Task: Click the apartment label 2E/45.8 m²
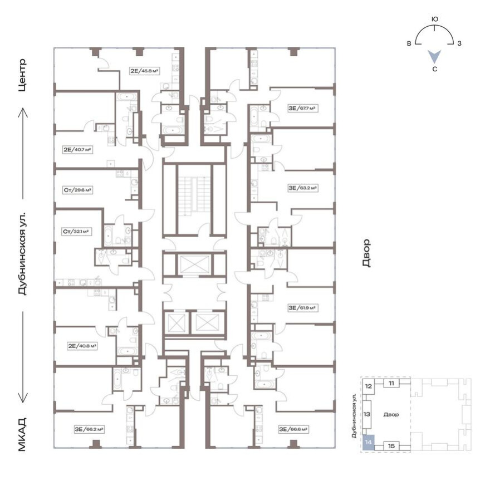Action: [x=144, y=71]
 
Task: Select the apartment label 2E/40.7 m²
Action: [x=77, y=149]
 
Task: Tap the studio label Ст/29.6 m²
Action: [x=77, y=189]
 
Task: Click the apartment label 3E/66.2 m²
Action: [x=90, y=429]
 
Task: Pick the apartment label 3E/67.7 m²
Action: [x=302, y=109]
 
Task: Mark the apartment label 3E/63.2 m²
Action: [x=302, y=188]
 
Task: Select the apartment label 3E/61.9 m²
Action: [x=302, y=307]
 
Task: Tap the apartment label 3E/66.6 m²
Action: [x=295, y=429]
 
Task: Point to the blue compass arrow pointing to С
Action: [x=435, y=56]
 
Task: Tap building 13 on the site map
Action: [x=367, y=414]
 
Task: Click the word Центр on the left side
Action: [x=23, y=75]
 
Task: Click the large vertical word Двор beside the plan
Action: [x=366, y=253]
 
